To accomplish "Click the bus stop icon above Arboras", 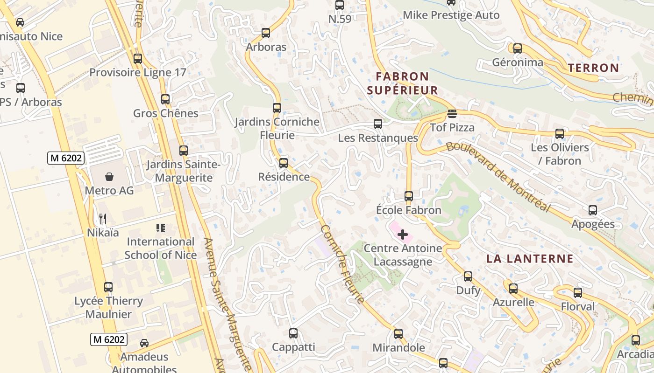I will click(x=266, y=33).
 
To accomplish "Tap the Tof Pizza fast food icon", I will click(x=452, y=114).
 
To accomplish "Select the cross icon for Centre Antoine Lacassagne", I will click(x=402, y=235).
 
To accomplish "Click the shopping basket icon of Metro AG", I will click(x=109, y=177).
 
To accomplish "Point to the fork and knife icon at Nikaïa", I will click(x=103, y=218).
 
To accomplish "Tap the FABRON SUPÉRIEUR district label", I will click(x=402, y=83).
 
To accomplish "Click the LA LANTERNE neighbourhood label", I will click(x=530, y=259).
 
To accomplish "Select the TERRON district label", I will click(x=593, y=68).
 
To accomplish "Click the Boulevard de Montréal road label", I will click(x=498, y=176).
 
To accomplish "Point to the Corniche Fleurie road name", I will click(x=342, y=264).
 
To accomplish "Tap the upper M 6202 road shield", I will click(x=66, y=158).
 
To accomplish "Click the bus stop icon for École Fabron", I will click(x=409, y=196).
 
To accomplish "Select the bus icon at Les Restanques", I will click(x=378, y=124).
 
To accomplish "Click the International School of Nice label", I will click(x=160, y=248).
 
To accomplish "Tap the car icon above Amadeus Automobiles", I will click(x=144, y=343).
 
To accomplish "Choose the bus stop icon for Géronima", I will click(x=517, y=48).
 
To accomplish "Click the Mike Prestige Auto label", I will click(x=451, y=15).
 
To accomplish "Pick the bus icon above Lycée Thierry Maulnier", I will click(x=108, y=287).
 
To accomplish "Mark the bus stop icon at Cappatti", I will click(x=293, y=333).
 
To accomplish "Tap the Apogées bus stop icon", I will click(x=593, y=210).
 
